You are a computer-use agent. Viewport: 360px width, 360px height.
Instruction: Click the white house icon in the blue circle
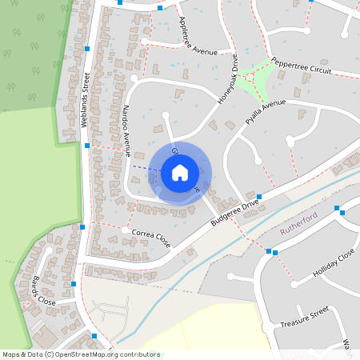tap(179, 172)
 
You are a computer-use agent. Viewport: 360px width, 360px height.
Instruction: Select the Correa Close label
tap(151, 234)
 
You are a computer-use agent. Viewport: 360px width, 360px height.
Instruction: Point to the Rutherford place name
tap(300, 230)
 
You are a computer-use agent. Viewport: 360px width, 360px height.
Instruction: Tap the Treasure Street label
tap(305, 317)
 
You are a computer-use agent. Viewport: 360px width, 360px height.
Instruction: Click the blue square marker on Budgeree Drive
tap(259, 196)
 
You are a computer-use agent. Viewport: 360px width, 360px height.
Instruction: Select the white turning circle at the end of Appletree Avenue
tap(145, 41)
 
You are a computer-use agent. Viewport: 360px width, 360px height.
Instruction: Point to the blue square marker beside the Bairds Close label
tap(74, 283)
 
